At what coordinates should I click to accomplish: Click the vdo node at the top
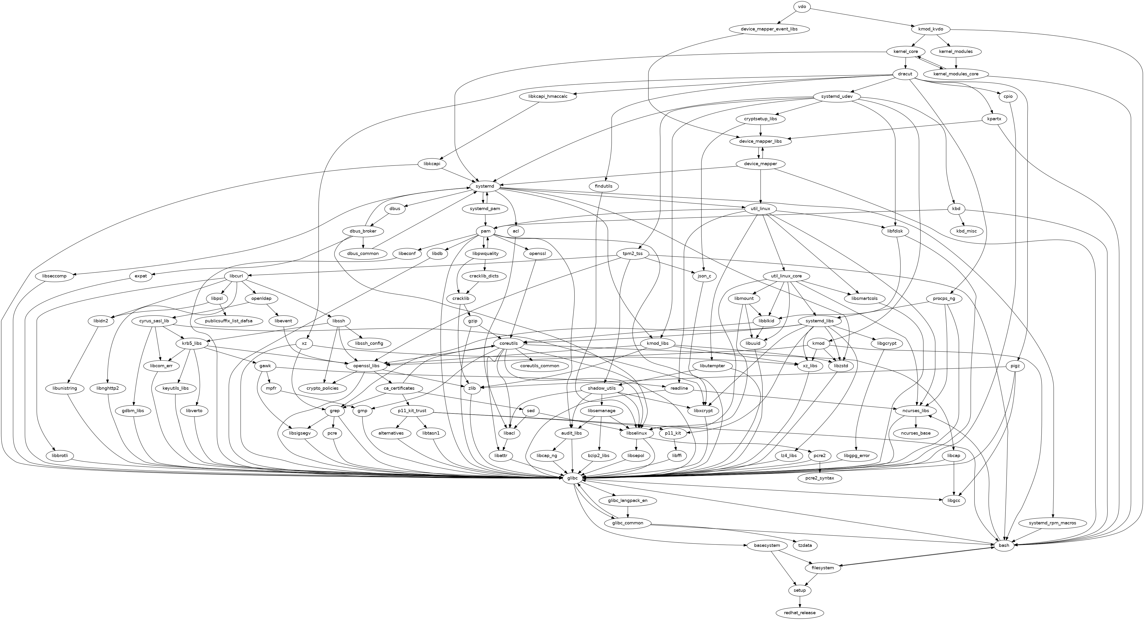click(x=802, y=7)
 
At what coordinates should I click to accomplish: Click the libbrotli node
click(x=59, y=456)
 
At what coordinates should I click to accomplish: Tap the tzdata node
click(x=807, y=545)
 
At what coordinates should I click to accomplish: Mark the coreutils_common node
click(x=540, y=366)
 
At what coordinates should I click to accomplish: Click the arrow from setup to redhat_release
click(x=800, y=602)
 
